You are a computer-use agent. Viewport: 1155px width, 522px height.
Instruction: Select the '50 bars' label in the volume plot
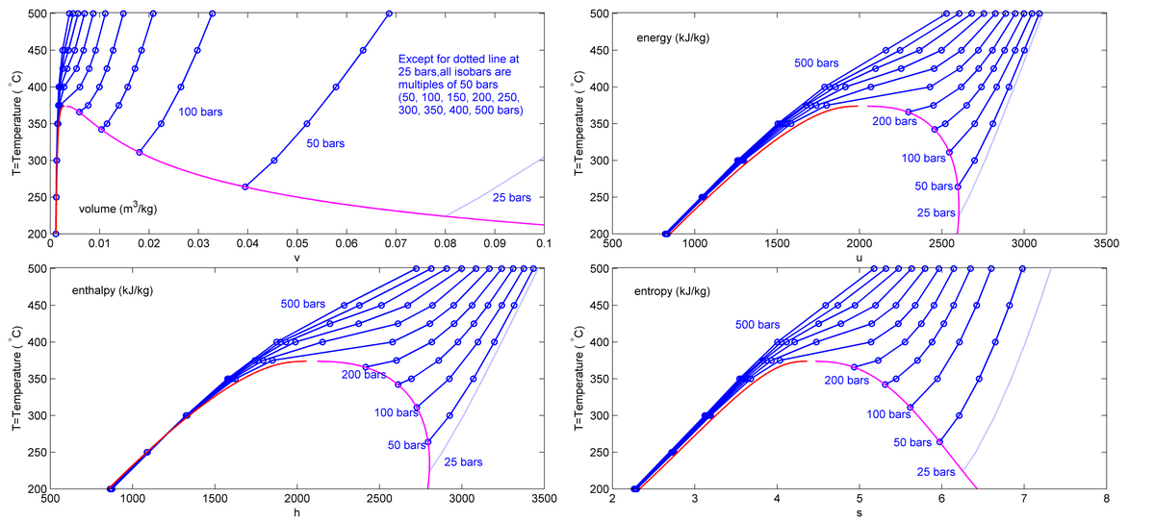326,143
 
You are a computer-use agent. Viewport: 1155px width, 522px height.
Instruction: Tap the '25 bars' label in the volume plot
511,198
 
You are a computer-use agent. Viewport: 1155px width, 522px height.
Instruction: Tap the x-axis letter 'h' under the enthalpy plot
296,512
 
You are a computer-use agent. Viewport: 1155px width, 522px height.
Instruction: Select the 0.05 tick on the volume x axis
296,245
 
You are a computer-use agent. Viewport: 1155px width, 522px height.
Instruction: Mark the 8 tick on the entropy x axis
1106,500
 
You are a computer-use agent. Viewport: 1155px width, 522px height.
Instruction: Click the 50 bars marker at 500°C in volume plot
389,13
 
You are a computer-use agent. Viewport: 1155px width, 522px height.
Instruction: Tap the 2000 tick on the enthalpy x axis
296,500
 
